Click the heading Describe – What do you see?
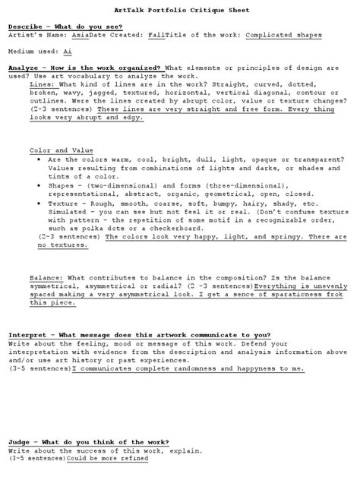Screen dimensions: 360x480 tap(61, 27)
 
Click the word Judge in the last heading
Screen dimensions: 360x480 tap(21, 442)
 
